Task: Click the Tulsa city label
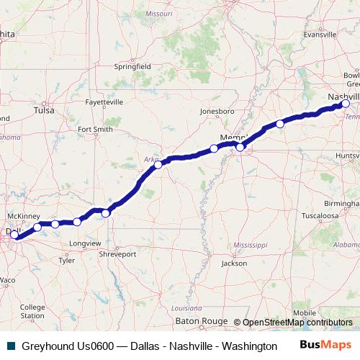[x=44, y=111]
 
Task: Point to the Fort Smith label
[x=95, y=130]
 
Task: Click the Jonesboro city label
[x=217, y=112]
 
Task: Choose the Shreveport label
[x=117, y=254]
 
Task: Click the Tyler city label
[x=66, y=261]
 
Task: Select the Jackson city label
[x=234, y=264]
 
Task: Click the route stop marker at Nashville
[x=346, y=104]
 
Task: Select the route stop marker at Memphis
[x=240, y=148]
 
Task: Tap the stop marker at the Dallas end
[x=14, y=235]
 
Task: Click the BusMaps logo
[x=325, y=346]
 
